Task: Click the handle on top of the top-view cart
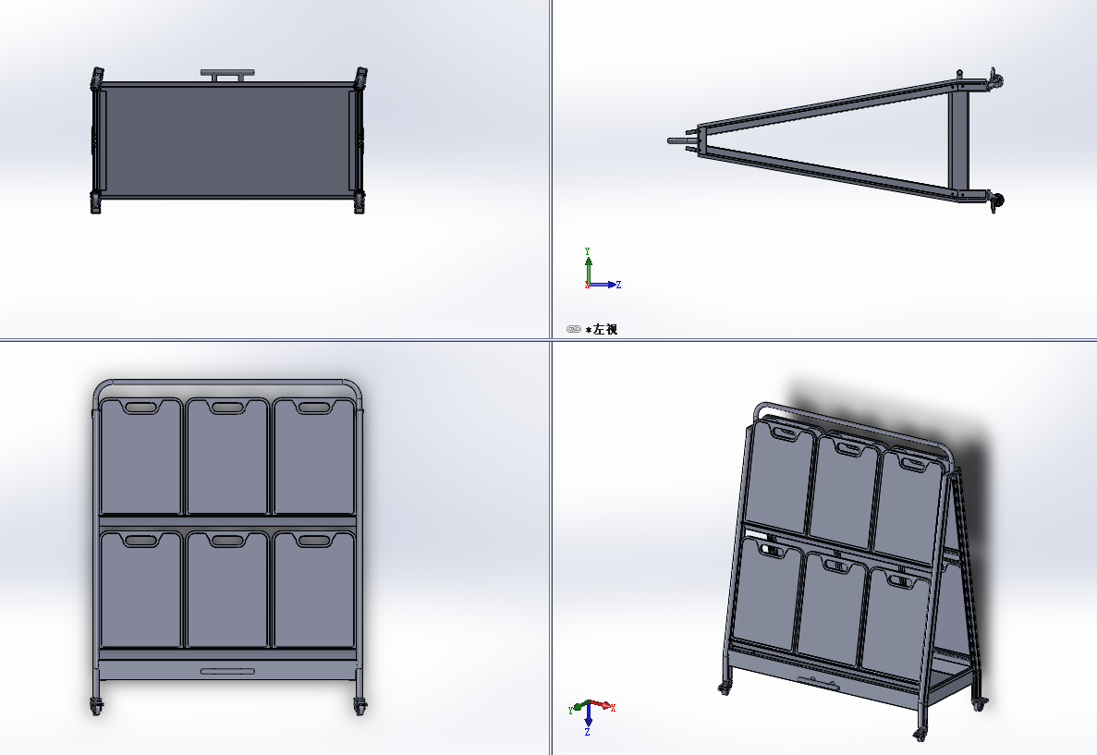227,73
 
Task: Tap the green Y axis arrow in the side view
589,266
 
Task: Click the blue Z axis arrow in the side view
604,284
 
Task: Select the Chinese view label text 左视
606,329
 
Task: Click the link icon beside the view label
574,329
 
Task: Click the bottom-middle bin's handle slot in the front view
228,541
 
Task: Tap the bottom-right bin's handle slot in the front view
313,541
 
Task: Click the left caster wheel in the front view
96,706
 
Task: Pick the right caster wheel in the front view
360,706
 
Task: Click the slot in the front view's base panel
228,672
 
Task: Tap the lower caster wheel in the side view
996,201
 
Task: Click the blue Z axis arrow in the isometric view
589,717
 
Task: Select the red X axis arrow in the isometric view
602,704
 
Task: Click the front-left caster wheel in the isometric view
725,688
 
